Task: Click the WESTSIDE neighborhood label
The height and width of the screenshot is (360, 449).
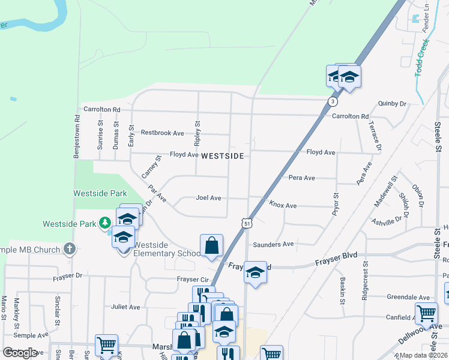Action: (222, 156)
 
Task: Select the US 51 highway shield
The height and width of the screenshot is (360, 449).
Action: (247, 223)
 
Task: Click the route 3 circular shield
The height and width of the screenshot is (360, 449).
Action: (332, 101)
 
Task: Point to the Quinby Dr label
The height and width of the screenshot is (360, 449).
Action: (393, 104)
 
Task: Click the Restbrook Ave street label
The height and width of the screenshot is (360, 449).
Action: (162, 133)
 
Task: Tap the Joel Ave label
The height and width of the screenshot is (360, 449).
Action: (208, 197)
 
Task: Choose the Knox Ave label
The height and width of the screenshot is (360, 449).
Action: (283, 205)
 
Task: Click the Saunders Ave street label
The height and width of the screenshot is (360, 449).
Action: (273, 244)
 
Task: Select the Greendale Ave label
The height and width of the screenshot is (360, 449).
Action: (408, 297)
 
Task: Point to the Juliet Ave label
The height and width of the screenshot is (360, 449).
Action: (125, 307)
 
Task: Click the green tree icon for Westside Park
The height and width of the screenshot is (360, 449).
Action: (105, 223)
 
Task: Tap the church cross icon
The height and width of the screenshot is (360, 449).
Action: (70, 249)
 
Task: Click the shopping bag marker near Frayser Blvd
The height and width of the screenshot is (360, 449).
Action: (211, 245)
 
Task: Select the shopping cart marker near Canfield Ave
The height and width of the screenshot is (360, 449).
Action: (426, 313)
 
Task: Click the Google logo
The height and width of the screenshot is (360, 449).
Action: (20, 353)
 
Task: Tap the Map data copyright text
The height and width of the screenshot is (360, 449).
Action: (423, 355)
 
